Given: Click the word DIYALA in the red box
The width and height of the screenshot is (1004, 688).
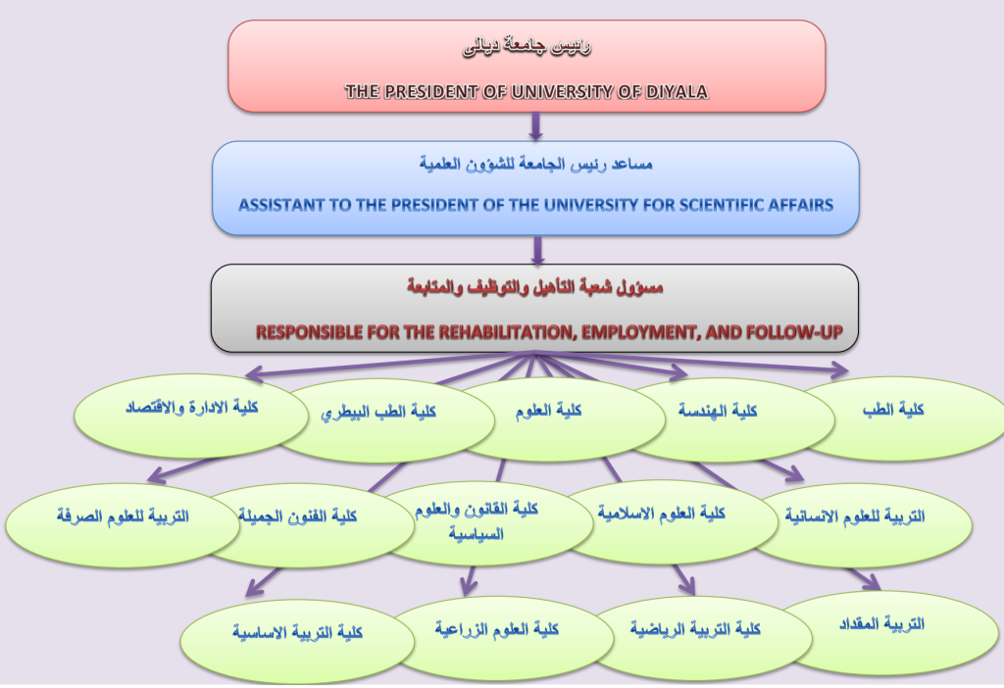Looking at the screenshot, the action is click(x=677, y=92).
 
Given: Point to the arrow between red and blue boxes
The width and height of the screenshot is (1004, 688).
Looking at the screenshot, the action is click(x=536, y=126).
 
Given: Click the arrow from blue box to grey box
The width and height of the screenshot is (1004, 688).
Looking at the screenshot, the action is click(x=538, y=250).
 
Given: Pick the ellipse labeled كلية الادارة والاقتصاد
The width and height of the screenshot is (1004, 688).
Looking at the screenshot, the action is click(x=191, y=416).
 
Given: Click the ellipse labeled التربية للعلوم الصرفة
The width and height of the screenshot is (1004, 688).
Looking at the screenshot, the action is click(x=122, y=525).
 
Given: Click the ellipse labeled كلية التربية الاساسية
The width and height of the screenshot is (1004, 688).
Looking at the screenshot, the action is click(x=298, y=642).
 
